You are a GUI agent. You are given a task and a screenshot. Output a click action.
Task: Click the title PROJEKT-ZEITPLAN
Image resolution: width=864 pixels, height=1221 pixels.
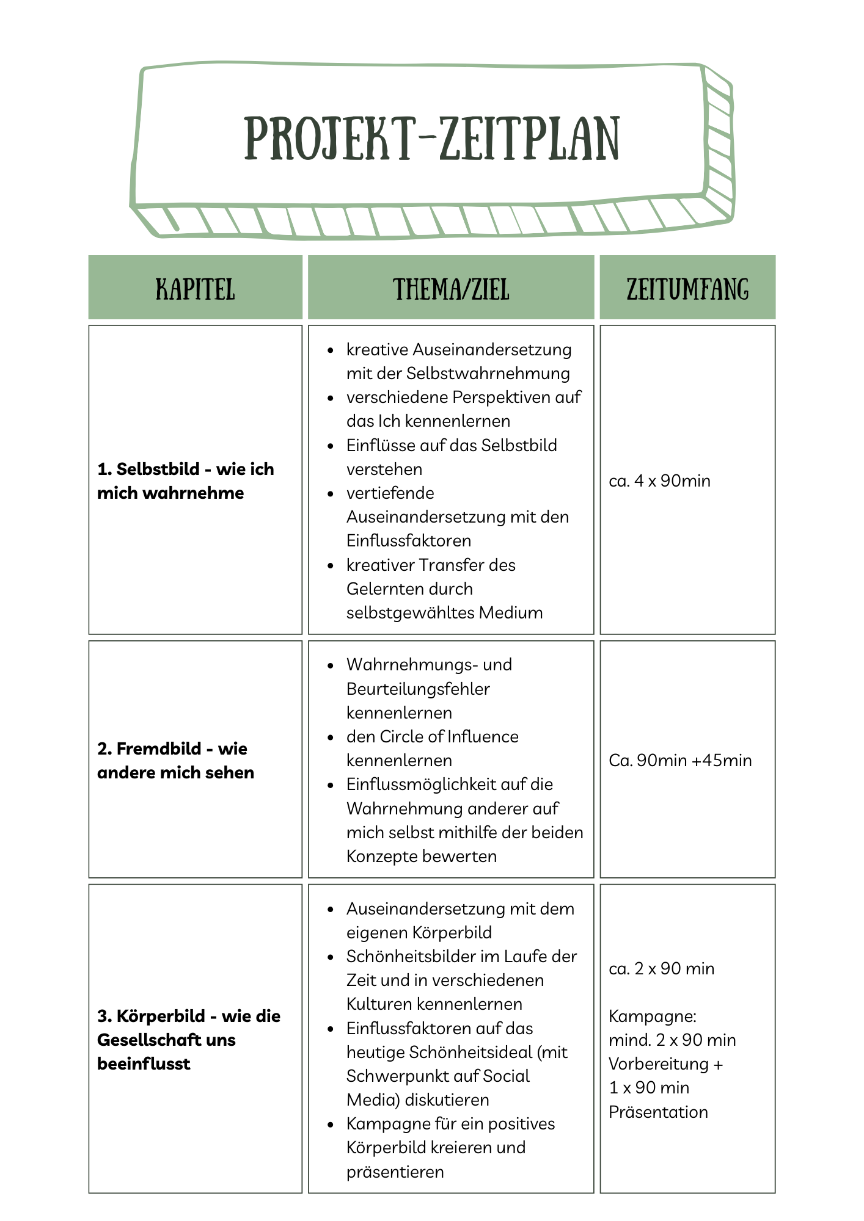tap(432, 139)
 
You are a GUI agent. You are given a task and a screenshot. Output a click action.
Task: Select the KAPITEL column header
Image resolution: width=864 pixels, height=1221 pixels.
tap(195, 289)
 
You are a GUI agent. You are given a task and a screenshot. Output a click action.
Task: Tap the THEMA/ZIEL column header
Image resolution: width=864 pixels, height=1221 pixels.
tap(451, 289)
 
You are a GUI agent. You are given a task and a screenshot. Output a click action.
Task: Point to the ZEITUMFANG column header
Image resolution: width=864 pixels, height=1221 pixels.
tap(687, 289)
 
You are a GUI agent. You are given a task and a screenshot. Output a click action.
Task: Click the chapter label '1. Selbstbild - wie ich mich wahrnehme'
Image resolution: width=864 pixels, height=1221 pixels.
tap(185, 480)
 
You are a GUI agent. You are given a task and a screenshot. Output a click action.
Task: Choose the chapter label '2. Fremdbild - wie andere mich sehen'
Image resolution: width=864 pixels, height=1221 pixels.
tap(175, 760)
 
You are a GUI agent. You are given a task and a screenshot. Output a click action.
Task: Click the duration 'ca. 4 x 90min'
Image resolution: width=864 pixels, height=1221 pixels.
tap(659, 481)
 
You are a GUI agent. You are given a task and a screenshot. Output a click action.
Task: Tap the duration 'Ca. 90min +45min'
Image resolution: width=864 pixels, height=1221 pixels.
tap(680, 760)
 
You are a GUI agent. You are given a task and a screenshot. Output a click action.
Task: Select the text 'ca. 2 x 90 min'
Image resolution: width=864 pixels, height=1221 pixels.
tap(661, 968)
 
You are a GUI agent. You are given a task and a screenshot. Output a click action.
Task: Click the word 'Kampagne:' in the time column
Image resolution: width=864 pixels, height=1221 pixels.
tap(652, 1016)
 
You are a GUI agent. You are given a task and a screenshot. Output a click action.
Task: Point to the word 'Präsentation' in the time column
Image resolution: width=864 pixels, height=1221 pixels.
tap(658, 1112)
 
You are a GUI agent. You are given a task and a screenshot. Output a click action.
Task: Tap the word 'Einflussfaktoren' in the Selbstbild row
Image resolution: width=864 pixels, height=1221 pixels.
tap(408, 541)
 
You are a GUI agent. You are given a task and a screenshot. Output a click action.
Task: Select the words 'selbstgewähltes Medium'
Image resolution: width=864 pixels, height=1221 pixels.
tap(444, 612)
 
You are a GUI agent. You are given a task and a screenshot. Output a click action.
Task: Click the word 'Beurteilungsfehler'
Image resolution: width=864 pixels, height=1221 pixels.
tap(418, 689)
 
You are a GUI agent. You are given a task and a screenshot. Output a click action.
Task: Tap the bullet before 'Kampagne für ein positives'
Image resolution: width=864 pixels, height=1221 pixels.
tap(331, 1124)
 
